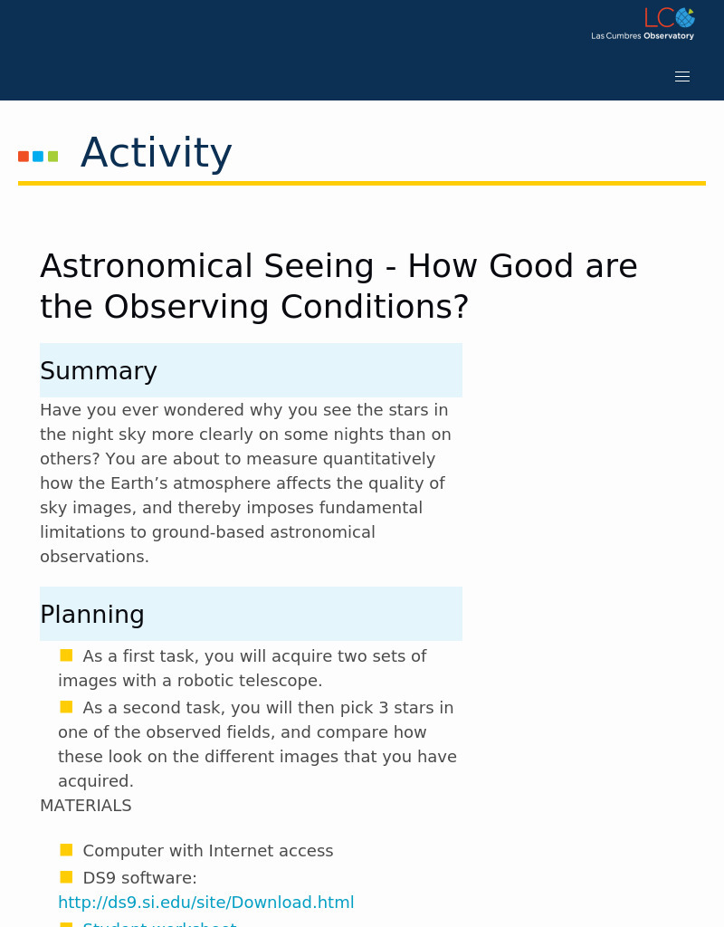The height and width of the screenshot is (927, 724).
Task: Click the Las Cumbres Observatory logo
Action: (x=643, y=24)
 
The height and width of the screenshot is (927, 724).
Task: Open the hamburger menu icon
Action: (x=682, y=77)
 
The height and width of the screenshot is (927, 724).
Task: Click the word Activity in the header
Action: (x=156, y=153)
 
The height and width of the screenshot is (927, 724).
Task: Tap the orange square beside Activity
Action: (x=24, y=157)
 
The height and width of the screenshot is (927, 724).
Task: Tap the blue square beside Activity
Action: (x=38, y=157)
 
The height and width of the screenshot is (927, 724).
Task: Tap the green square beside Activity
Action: (x=52, y=157)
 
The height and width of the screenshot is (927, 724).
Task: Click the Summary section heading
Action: (x=99, y=371)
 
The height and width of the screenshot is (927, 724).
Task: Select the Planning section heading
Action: (x=92, y=615)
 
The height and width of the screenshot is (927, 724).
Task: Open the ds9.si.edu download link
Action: (x=205, y=903)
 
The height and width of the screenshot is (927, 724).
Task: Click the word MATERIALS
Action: (x=86, y=806)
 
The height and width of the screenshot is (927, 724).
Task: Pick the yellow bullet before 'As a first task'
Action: (x=66, y=655)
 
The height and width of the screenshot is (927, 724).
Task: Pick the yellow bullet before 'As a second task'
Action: (x=66, y=707)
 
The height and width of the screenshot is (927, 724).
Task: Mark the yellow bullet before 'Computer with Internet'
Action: (x=66, y=850)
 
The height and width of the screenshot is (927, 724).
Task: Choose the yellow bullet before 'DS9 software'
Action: (x=66, y=877)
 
